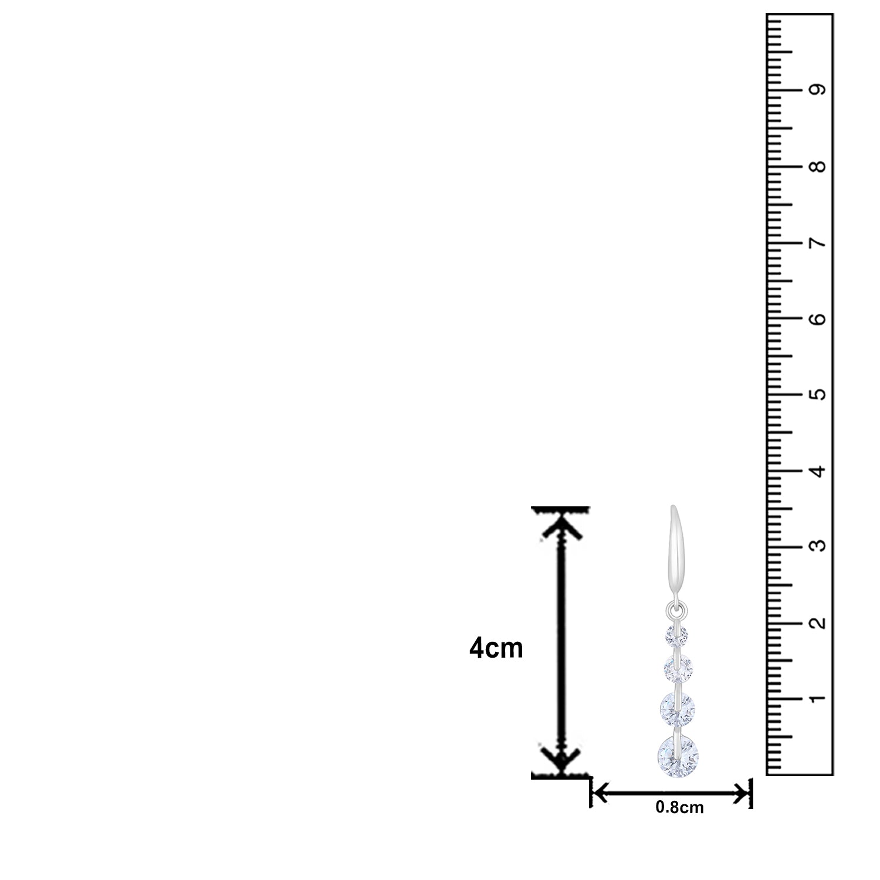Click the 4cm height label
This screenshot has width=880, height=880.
tap(496, 649)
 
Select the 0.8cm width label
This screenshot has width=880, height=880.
tap(679, 808)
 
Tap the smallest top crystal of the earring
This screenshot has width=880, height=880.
tap(676, 634)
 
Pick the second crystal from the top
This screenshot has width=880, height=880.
tap(678, 667)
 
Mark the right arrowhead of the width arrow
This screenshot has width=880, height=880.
tap(742, 794)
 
